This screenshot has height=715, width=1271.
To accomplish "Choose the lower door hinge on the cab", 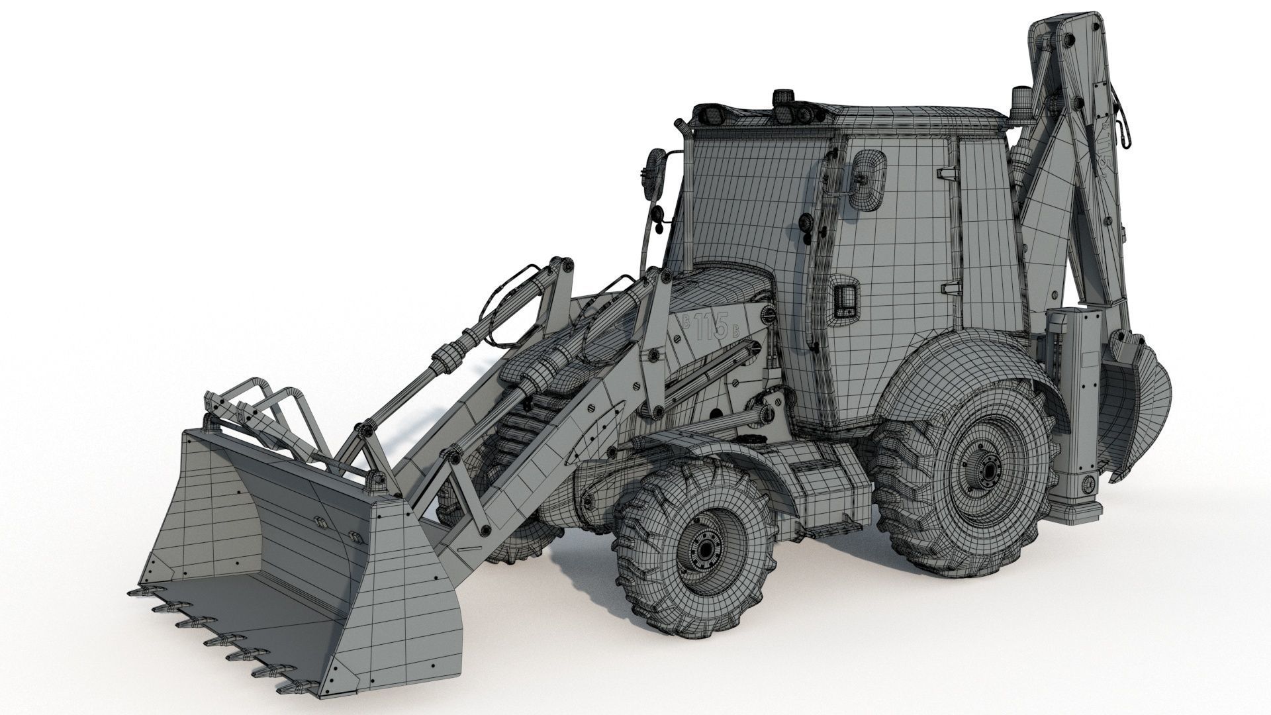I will (950, 287).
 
